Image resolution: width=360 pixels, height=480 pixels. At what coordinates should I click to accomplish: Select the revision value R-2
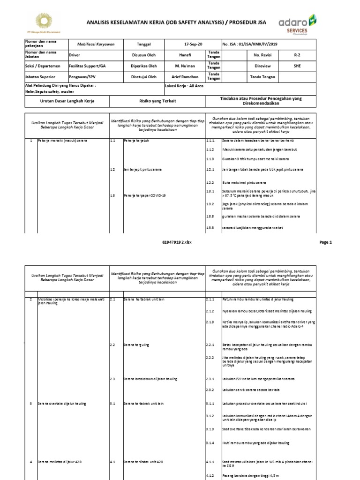tap(297, 55)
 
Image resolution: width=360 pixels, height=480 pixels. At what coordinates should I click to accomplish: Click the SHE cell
tap(297, 66)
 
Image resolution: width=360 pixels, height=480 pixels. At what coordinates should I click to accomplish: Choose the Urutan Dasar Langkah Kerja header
tap(66, 101)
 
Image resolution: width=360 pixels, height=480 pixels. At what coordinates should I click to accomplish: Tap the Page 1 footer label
tap(325, 242)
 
